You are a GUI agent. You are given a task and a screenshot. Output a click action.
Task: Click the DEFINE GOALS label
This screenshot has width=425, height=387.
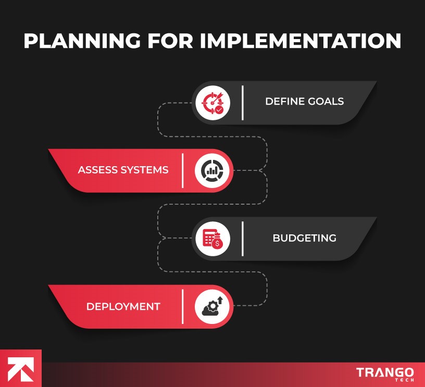point(304,102)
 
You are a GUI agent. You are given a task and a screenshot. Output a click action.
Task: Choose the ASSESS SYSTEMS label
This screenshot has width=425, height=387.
point(123,170)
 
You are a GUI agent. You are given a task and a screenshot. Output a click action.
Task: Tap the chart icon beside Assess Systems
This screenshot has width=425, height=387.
point(212,170)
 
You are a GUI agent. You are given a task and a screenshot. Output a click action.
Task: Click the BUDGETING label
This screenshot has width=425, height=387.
point(304,238)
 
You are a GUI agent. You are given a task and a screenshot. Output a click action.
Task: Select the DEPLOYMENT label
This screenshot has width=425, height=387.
point(123,306)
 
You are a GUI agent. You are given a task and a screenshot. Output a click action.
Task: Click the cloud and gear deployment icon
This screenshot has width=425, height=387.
point(212,306)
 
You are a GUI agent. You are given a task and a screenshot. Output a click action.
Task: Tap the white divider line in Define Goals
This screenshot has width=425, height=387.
point(243,102)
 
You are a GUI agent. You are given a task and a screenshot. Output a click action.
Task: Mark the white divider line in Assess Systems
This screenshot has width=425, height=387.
point(183,170)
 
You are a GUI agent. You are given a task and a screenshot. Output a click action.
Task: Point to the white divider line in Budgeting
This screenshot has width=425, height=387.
point(243,239)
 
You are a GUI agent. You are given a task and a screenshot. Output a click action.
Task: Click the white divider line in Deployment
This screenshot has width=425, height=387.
point(183,306)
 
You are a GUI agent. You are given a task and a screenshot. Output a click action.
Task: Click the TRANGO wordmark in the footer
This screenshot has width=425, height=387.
point(385,372)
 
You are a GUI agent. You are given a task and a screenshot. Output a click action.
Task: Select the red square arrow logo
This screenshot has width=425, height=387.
point(20,368)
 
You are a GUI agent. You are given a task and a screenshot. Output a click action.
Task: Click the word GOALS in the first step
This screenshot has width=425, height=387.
point(326,102)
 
